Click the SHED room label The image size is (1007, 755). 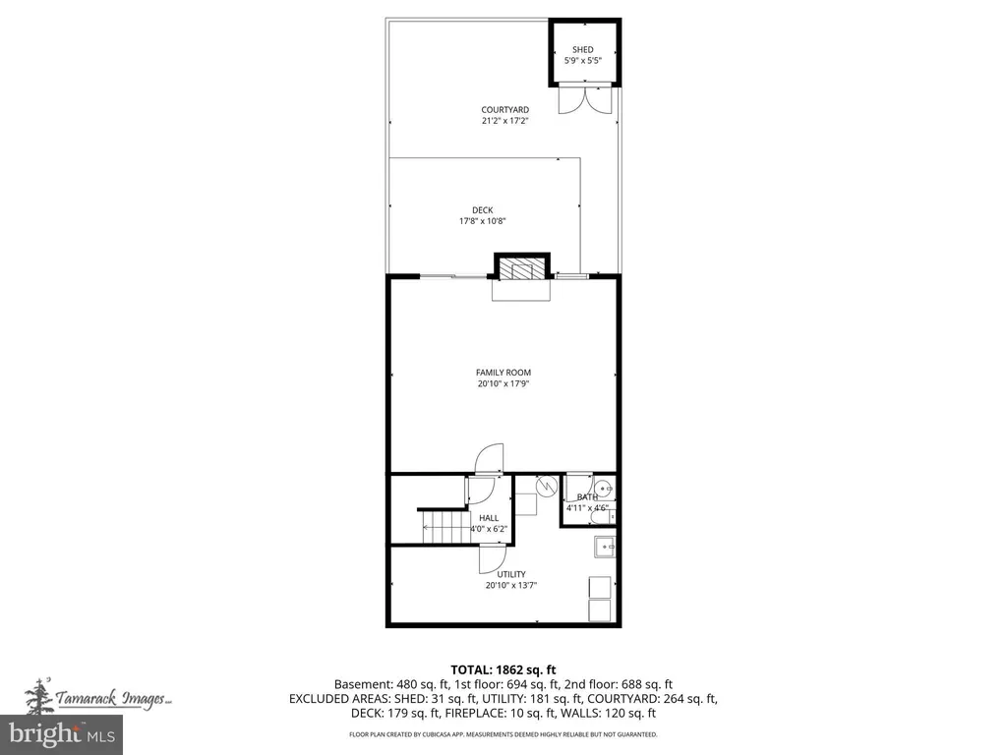(583, 49)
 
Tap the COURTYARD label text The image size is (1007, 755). (504, 110)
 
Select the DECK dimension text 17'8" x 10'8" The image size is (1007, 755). (482, 221)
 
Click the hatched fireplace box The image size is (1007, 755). (521, 267)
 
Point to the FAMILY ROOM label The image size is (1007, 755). (503, 373)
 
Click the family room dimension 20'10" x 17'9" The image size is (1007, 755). (503, 384)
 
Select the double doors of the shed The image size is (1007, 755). (585, 99)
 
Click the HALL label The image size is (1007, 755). (489, 518)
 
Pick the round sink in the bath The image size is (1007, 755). (603, 489)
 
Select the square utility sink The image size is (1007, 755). (605, 547)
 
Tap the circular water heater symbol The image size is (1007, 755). (546, 486)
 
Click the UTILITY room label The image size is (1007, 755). (511, 574)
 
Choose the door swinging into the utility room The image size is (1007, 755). (494, 558)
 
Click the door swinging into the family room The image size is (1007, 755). (490, 458)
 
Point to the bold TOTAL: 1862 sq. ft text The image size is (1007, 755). (503, 670)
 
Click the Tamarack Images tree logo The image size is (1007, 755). (39, 697)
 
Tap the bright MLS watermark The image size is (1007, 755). (62, 733)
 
